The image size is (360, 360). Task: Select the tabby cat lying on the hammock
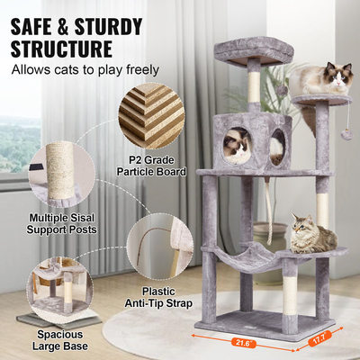pos(310,236)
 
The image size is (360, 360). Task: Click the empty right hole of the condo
pos(277,146)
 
